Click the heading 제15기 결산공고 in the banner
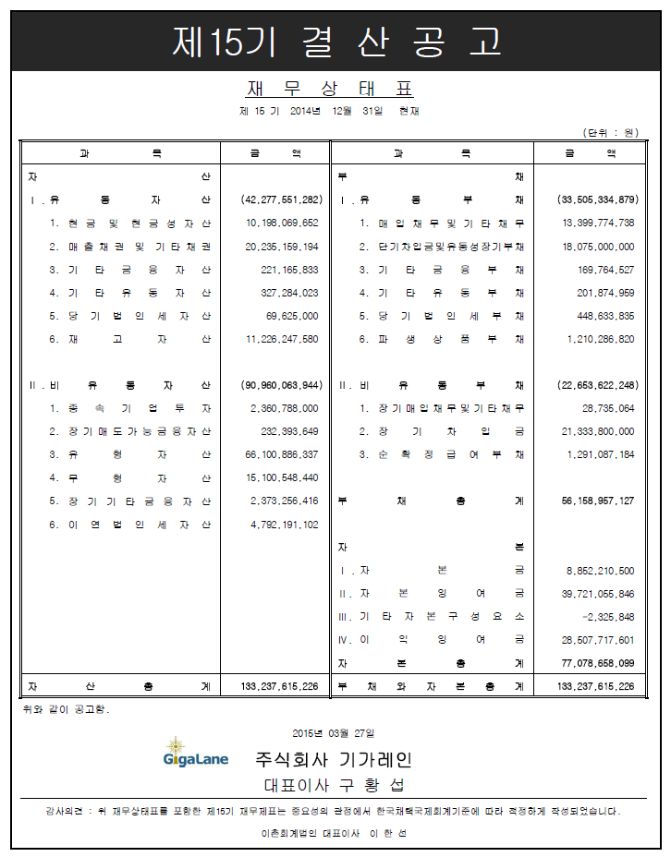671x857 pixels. pos(336,40)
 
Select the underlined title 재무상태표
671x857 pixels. pos(329,89)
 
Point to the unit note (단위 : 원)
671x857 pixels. pos(611,132)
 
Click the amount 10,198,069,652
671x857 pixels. pos(282,223)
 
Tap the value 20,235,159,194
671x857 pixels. pos(282,247)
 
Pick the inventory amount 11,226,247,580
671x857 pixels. pos(282,339)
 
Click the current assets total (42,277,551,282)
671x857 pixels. pos(281,199)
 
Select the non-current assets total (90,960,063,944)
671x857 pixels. pos(281,384)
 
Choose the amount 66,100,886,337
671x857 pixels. pos(282,454)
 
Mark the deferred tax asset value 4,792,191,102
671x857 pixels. pos(282,525)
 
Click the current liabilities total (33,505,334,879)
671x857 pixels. pos(597,199)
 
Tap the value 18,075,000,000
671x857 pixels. pos(598,247)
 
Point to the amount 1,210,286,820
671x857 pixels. pos(599,339)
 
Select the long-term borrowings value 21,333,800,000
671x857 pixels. pos(598,431)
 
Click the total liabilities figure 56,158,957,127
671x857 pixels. pos(598,501)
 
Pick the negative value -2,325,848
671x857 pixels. pos(605,616)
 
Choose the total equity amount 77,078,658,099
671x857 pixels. pos(598,662)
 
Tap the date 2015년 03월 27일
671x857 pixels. pos(334,732)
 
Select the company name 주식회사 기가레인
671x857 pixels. pos(334,760)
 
